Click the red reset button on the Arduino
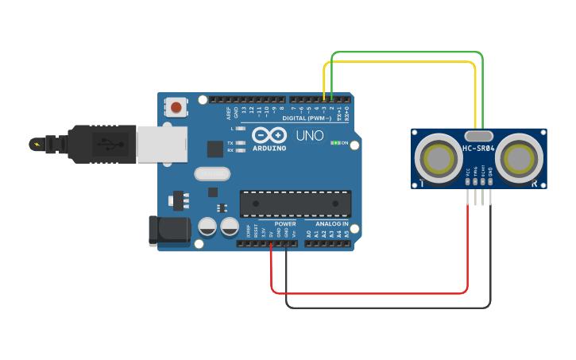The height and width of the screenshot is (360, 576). coord(176,106)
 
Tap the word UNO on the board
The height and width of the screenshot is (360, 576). coord(310,136)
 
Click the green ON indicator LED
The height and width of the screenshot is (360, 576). coord(337,143)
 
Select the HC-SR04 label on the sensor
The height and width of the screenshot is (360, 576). coord(478,149)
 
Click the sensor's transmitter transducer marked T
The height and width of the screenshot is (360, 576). coord(439,159)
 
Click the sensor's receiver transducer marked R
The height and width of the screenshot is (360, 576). coord(520,159)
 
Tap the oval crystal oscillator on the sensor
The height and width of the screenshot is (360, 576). coord(479,136)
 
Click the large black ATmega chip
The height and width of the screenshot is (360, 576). coord(296,203)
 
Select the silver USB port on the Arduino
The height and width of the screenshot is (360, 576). coord(161,143)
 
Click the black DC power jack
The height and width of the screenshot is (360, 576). coord(169,230)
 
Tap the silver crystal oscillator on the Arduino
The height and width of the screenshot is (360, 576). coord(211,173)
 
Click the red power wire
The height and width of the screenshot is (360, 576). coord(365,293)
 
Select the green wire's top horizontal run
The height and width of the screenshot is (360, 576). coord(405,52)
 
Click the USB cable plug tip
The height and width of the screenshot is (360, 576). coord(37,144)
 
